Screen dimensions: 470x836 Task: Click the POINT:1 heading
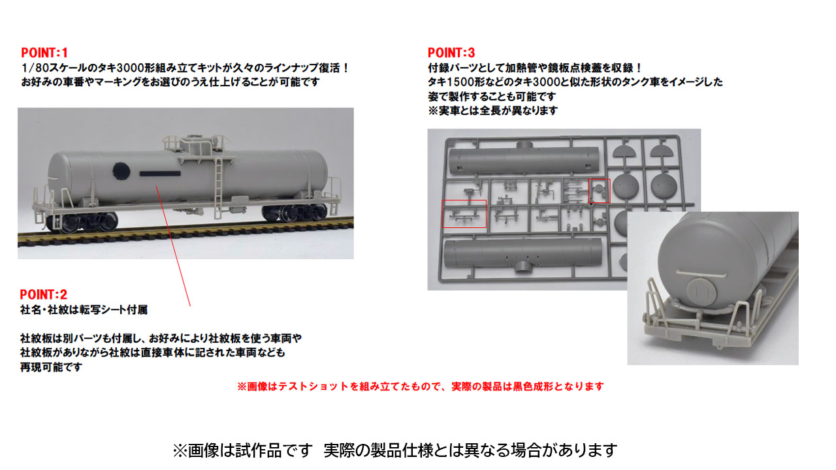click(x=44, y=53)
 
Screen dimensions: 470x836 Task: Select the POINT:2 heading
click(x=43, y=294)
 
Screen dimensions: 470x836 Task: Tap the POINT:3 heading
click(x=451, y=53)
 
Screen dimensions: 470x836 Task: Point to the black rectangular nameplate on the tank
click(x=161, y=174)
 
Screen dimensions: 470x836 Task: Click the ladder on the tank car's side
click(x=219, y=173)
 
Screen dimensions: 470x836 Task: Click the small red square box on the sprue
click(x=599, y=191)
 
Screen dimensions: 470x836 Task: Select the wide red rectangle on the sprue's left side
click(x=464, y=213)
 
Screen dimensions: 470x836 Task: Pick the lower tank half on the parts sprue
click(x=521, y=254)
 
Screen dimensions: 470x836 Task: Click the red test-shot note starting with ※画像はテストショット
click(x=420, y=386)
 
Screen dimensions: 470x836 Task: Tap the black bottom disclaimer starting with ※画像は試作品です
click(x=394, y=450)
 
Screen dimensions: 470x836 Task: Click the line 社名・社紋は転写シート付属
click(x=88, y=310)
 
